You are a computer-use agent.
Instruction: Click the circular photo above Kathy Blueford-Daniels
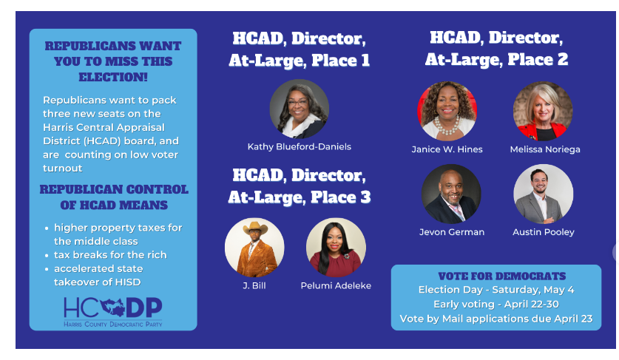300,109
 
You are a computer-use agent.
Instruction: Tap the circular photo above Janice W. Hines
447,111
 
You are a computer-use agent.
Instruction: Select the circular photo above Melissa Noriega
543,111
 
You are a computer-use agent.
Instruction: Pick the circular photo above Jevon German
451,194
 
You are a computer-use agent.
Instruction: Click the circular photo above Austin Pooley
544,194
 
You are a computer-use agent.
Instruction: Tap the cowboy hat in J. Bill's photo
255,228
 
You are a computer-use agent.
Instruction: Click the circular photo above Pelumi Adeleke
336,248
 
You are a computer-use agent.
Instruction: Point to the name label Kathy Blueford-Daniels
300,147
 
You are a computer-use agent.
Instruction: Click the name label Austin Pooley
544,232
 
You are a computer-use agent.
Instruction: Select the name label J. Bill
254,285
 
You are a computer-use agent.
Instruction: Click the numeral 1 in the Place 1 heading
365,61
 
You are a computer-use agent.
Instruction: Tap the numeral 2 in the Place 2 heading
563,59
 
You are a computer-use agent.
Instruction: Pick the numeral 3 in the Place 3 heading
365,197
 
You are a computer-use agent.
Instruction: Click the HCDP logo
113,312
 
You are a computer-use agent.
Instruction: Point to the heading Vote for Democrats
501,276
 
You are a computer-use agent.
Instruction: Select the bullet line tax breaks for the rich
110,255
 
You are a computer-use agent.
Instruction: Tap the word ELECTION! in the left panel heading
113,77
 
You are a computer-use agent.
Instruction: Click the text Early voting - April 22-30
496,305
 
